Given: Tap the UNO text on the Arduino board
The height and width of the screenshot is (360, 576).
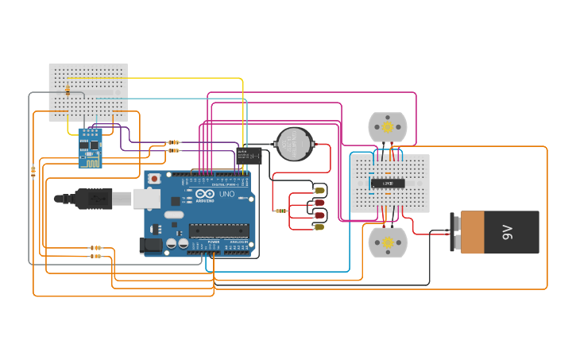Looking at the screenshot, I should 226,194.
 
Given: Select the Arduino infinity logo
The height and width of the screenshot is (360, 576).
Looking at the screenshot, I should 204,194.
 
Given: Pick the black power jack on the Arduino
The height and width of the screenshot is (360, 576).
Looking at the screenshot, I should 151,246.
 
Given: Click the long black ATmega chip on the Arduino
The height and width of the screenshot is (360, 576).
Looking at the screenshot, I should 218,231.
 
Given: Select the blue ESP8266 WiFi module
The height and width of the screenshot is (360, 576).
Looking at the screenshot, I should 90,147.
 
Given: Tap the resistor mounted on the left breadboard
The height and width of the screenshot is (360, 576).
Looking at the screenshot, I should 68,91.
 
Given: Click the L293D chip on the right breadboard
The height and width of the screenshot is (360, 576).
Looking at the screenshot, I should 388,184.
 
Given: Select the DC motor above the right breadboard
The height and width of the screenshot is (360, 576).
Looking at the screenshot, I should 388,127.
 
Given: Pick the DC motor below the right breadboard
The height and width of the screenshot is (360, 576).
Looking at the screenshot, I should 388,242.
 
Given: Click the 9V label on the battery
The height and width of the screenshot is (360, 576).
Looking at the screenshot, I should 507,232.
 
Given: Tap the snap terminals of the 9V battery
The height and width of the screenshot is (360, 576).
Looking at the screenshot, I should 455,232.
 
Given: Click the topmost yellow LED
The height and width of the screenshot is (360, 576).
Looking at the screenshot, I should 319,190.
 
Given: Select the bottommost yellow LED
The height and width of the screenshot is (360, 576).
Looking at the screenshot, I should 319,227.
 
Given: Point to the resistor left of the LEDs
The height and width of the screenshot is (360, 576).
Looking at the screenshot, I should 280,211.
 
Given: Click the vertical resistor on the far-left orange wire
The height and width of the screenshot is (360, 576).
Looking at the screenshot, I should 33,171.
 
